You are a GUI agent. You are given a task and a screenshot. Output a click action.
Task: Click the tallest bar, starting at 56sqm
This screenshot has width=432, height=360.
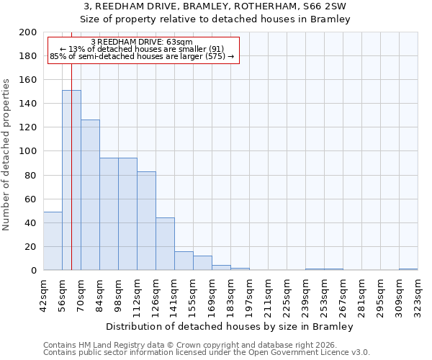pos(71,180)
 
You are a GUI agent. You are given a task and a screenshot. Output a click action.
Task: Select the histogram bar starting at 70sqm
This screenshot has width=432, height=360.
pos(90,194)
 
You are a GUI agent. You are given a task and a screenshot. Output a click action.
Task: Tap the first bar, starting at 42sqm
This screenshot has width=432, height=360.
pos(53,241)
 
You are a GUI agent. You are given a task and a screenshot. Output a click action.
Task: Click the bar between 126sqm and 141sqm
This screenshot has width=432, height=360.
pos(165,244)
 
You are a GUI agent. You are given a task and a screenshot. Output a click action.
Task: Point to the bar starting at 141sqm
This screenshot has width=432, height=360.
pos(184,261)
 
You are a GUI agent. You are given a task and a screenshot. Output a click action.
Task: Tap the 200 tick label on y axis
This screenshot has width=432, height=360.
pos(28,32)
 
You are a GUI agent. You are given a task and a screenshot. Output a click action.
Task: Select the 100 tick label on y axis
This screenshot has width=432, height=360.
pos(28,151)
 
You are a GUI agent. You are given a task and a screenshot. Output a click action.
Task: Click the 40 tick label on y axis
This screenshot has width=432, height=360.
pos(31,223)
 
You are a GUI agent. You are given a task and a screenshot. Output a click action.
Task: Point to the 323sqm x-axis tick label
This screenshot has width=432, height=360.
pos(418,294)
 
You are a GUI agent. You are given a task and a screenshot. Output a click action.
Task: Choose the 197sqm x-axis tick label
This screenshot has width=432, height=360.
pos(249,294)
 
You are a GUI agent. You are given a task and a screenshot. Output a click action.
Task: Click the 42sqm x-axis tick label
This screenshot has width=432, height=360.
pos(43,294)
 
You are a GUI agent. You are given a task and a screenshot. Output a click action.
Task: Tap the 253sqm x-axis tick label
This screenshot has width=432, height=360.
pos(324,294)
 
